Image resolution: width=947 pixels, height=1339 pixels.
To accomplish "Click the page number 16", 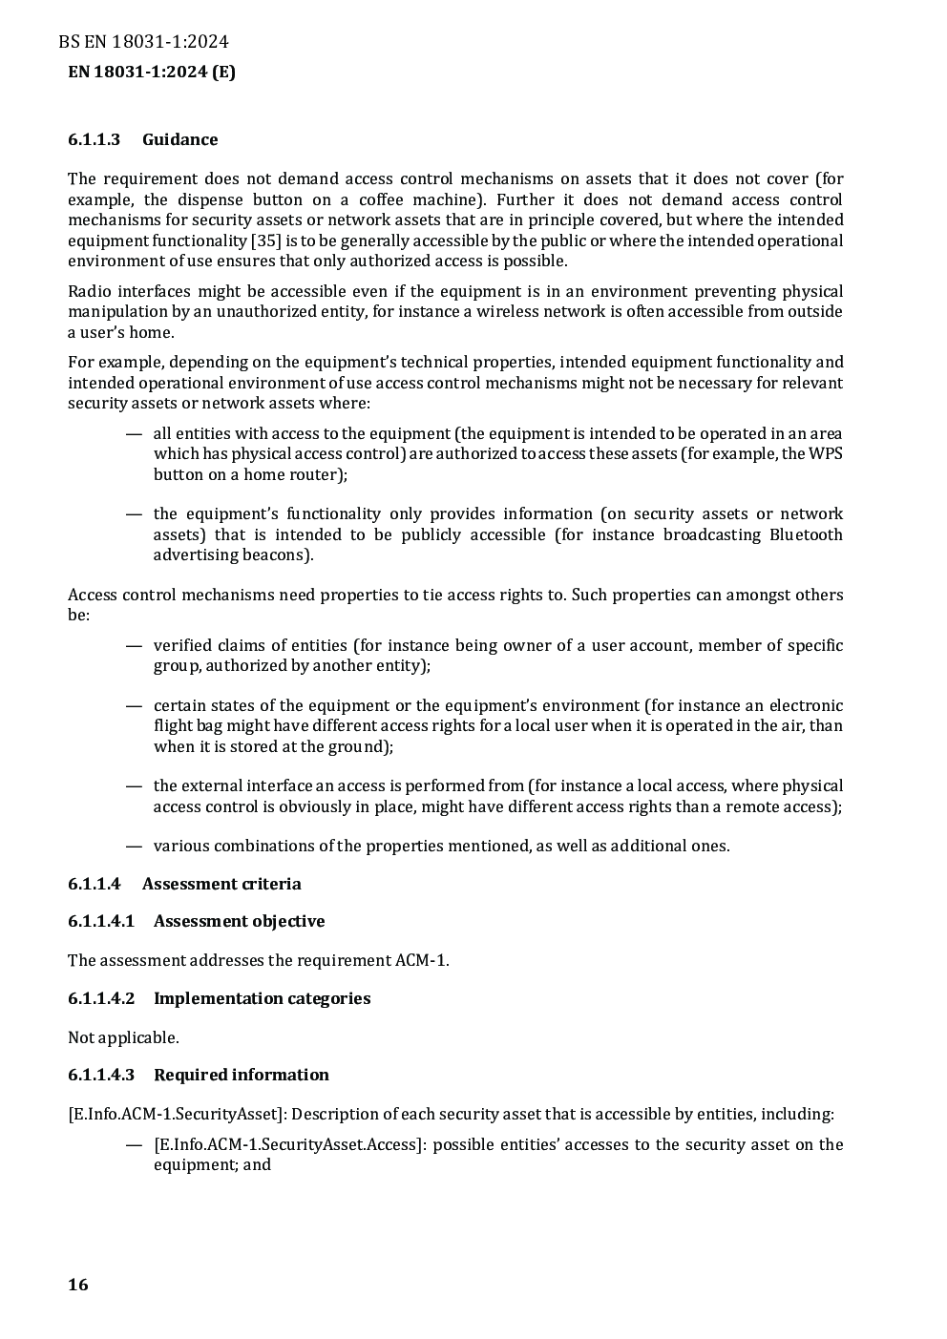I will tap(78, 1285).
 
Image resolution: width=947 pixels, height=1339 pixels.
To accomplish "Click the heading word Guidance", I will tap(179, 139).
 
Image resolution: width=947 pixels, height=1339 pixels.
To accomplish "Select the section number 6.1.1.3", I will tap(94, 139).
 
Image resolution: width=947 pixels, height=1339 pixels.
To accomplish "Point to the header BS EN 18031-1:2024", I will tap(143, 41).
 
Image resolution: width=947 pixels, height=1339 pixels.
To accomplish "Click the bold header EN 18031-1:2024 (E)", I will tap(152, 72).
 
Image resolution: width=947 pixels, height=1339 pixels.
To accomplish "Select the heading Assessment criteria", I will tap(221, 884).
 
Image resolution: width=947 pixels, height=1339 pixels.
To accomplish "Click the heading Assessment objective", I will tap(239, 921).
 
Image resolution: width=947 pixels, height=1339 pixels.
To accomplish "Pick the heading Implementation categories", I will tap(262, 998).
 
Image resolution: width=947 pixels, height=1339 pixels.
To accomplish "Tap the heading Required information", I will tap(241, 1075).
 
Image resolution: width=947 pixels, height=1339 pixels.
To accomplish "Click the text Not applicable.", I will tap(123, 1037).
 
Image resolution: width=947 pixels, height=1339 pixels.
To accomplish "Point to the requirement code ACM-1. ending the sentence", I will tap(422, 960).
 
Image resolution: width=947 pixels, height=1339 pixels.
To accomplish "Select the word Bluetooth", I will tap(806, 534).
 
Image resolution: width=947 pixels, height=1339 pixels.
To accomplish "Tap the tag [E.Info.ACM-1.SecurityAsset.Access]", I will tap(289, 1144).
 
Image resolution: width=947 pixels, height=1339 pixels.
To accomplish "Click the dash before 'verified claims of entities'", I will tap(135, 645).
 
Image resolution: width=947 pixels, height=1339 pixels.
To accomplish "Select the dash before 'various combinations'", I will tap(135, 846).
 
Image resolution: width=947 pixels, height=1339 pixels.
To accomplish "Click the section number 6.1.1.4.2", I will tap(101, 998).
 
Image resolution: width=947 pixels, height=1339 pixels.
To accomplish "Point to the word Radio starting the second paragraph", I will tap(90, 291).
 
